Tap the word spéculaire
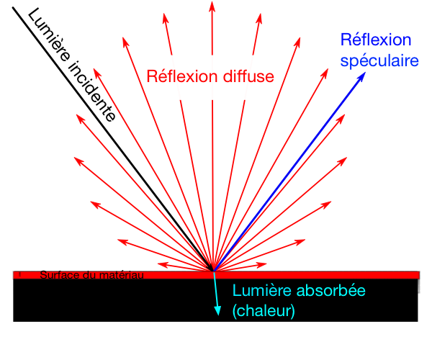click(x=379, y=61)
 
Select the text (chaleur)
click(x=264, y=311)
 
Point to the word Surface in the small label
click(x=57, y=274)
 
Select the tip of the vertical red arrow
click(x=212, y=4)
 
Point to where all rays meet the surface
click(x=212, y=271)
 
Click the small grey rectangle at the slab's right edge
click(x=418, y=285)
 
